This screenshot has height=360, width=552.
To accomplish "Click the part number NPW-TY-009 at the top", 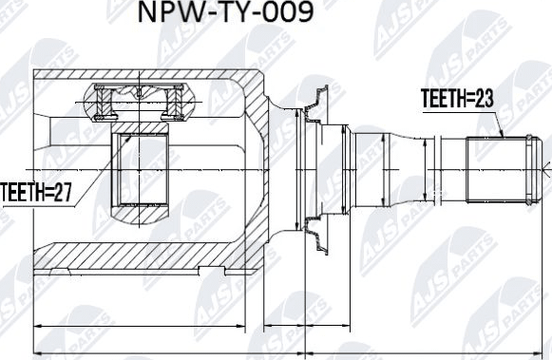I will pos(224,16).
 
